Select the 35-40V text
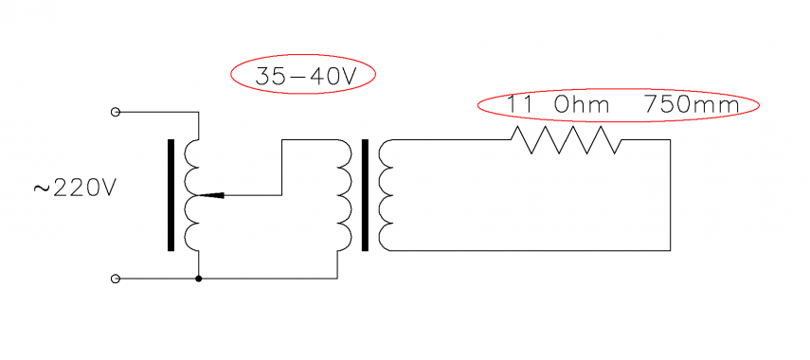coord(303,76)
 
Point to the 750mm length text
coord(691,105)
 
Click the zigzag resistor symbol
coord(566,140)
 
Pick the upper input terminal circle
coord(116,112)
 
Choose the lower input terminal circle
coord(116,279)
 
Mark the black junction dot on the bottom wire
coord(198,279)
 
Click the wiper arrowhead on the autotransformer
coord(214,195)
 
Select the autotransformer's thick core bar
coord(171,195)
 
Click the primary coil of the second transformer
coord(344,195)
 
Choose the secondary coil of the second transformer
coord(384,195)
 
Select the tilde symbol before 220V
coord(41,189)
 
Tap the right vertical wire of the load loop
coord(671,195)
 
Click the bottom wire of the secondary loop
coord(531,250)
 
